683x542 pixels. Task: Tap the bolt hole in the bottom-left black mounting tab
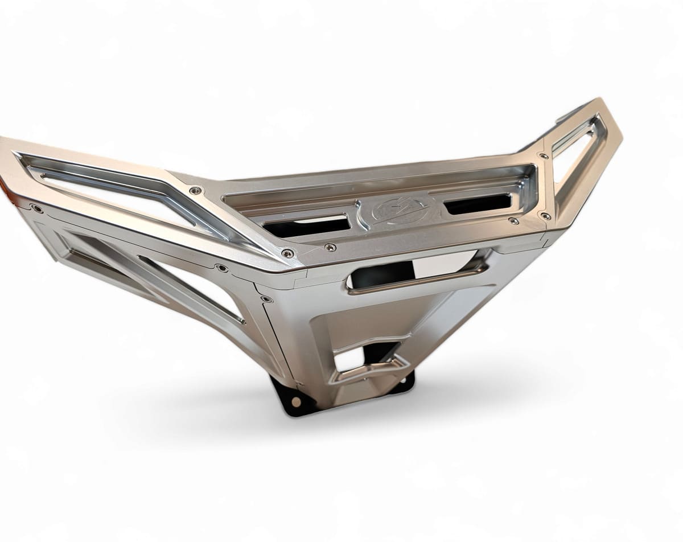pyautogui.click(x=295, y=401)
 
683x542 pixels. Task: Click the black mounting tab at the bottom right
pyautogui.click(x=405, y=383)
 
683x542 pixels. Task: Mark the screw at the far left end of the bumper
pyautogui.click(x=37, y=209)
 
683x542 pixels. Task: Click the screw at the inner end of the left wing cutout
pyautogui.click(x=195, y=190)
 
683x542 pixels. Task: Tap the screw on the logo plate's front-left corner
pyautogui.click(x=330, y=247)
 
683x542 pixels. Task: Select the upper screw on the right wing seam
pyautogui.click(x=544, y=156)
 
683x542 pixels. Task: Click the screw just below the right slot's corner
pyautogui.click(x=513, y=220)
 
